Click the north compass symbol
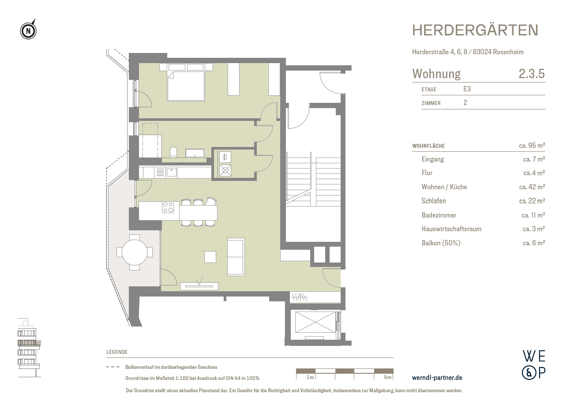coord(28,30)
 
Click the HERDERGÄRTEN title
coord(475,30)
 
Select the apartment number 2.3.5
coord(532,74)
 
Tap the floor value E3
coord(467,89)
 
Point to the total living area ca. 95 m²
coord(532,146)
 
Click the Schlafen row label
coord(433,201)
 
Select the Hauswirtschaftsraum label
coord(451,229)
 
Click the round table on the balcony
coord(135,252)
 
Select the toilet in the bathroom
coord(173,152)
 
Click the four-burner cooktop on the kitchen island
coord(168,207)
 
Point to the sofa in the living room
coord(236,257)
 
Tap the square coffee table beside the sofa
coord(210,257)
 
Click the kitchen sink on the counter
coord(172,172)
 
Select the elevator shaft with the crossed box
coord(315,322)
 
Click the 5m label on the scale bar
coord(387,377)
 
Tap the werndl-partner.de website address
coord(437,378)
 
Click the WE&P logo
coord(534,364)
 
